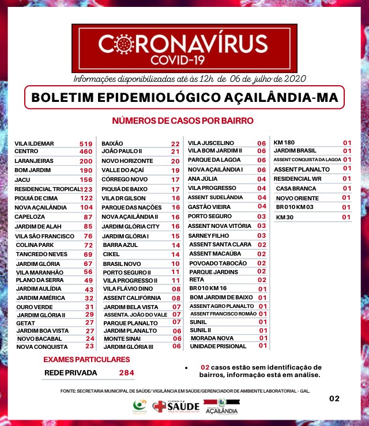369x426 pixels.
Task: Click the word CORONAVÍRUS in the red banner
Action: (x=184, y=44)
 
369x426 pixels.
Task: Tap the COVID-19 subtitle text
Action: (x=184, y=59)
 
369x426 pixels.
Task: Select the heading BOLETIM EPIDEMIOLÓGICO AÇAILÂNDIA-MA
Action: (x=184, y=98)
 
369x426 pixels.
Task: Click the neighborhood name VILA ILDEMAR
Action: (x=35, y=143)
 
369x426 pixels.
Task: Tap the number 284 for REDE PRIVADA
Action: (x=126, y=373)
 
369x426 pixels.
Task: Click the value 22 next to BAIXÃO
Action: (x=175, y=143)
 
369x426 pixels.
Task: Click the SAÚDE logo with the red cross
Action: (x=176, y=406)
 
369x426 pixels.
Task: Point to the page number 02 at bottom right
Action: (x=334, y=398)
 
